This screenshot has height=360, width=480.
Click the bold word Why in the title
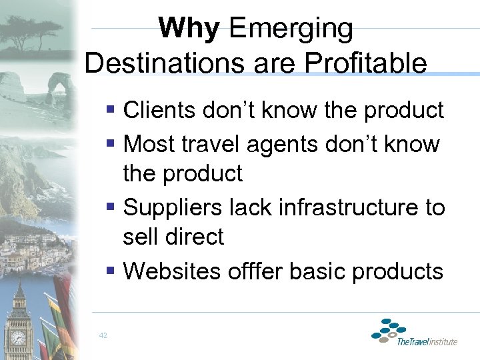[x=189, y=29]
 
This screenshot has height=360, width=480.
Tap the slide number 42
[x=103, y=335]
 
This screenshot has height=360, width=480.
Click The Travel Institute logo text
[x=427, y=342]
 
